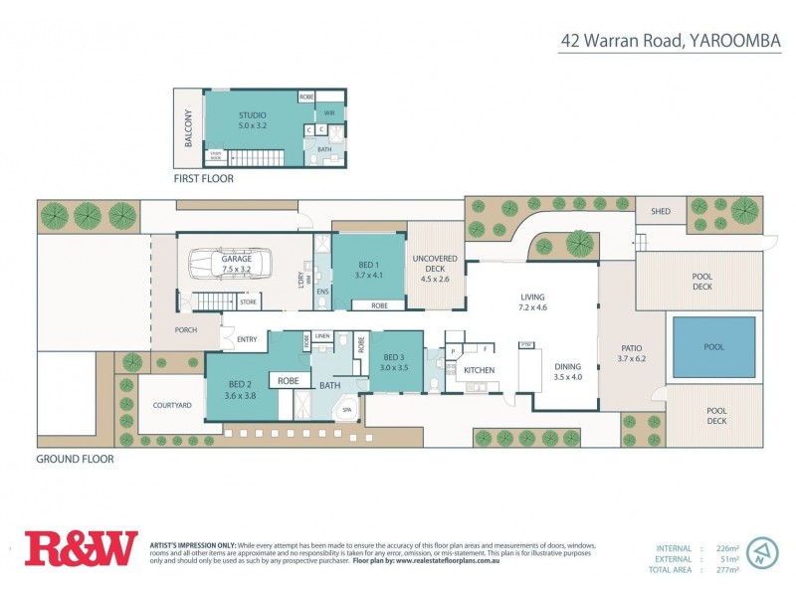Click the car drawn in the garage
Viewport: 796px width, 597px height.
point(236,266)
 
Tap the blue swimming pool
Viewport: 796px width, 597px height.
point(712,347)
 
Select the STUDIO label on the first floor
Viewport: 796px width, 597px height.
point(252,115)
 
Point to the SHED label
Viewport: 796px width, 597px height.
point(661,212)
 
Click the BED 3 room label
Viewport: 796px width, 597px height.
point(394,356)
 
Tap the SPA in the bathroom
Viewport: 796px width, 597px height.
point(347,409)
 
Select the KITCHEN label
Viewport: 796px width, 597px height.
point(479,370)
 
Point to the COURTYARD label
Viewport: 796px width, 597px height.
point(171,405)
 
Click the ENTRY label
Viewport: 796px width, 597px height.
point(248,339)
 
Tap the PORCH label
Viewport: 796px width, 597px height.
point(185,330)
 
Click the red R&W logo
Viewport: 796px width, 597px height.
point(81,548)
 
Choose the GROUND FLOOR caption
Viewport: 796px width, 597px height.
point(75,460)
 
